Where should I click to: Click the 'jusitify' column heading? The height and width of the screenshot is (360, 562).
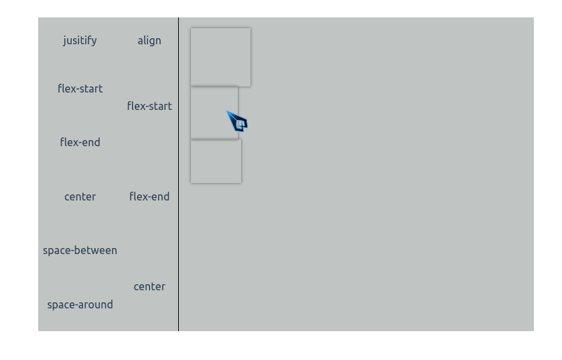point(80,40)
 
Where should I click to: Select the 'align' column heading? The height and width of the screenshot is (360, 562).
point(149,40)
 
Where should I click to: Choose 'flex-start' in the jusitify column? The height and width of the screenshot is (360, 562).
point(80,88)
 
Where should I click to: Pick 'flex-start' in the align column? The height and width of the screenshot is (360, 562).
point(149,106)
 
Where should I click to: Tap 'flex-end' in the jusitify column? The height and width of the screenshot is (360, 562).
point(80,142)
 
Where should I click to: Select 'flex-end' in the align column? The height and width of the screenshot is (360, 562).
point(149,196)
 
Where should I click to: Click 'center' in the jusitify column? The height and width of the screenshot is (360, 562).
point(80,196)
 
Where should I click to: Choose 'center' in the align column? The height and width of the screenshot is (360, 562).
point(149,286)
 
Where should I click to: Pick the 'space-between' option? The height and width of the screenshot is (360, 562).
point(80,250)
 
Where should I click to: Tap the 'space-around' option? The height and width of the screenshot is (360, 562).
point(80,304)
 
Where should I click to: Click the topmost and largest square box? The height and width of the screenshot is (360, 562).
point(220,57)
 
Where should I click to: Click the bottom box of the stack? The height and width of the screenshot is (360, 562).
point(216,161)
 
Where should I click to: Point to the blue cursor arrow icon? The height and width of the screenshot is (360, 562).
point(238,122)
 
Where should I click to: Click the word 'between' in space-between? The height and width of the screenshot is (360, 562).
point(97,250)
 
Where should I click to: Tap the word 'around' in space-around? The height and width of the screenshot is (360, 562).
point(95,304)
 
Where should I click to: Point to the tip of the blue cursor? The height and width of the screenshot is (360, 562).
point(227,112)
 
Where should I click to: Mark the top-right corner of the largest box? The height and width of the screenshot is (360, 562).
point(251,28)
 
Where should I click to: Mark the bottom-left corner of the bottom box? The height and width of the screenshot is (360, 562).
point(191,182)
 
